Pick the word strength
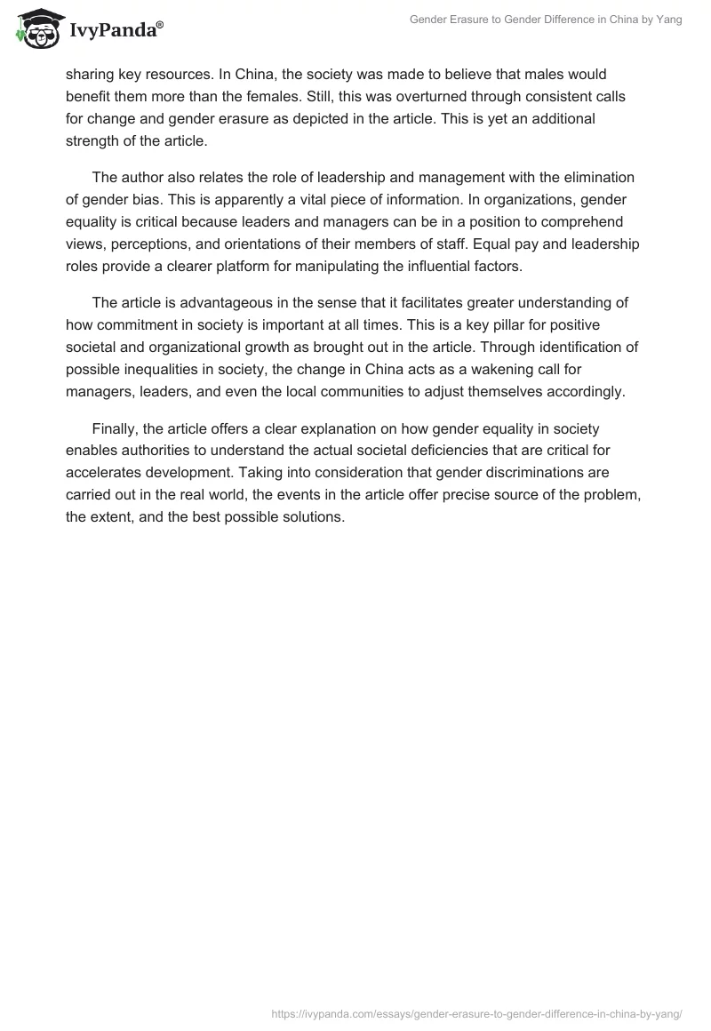pyautogui.click(x=95, y=140)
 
